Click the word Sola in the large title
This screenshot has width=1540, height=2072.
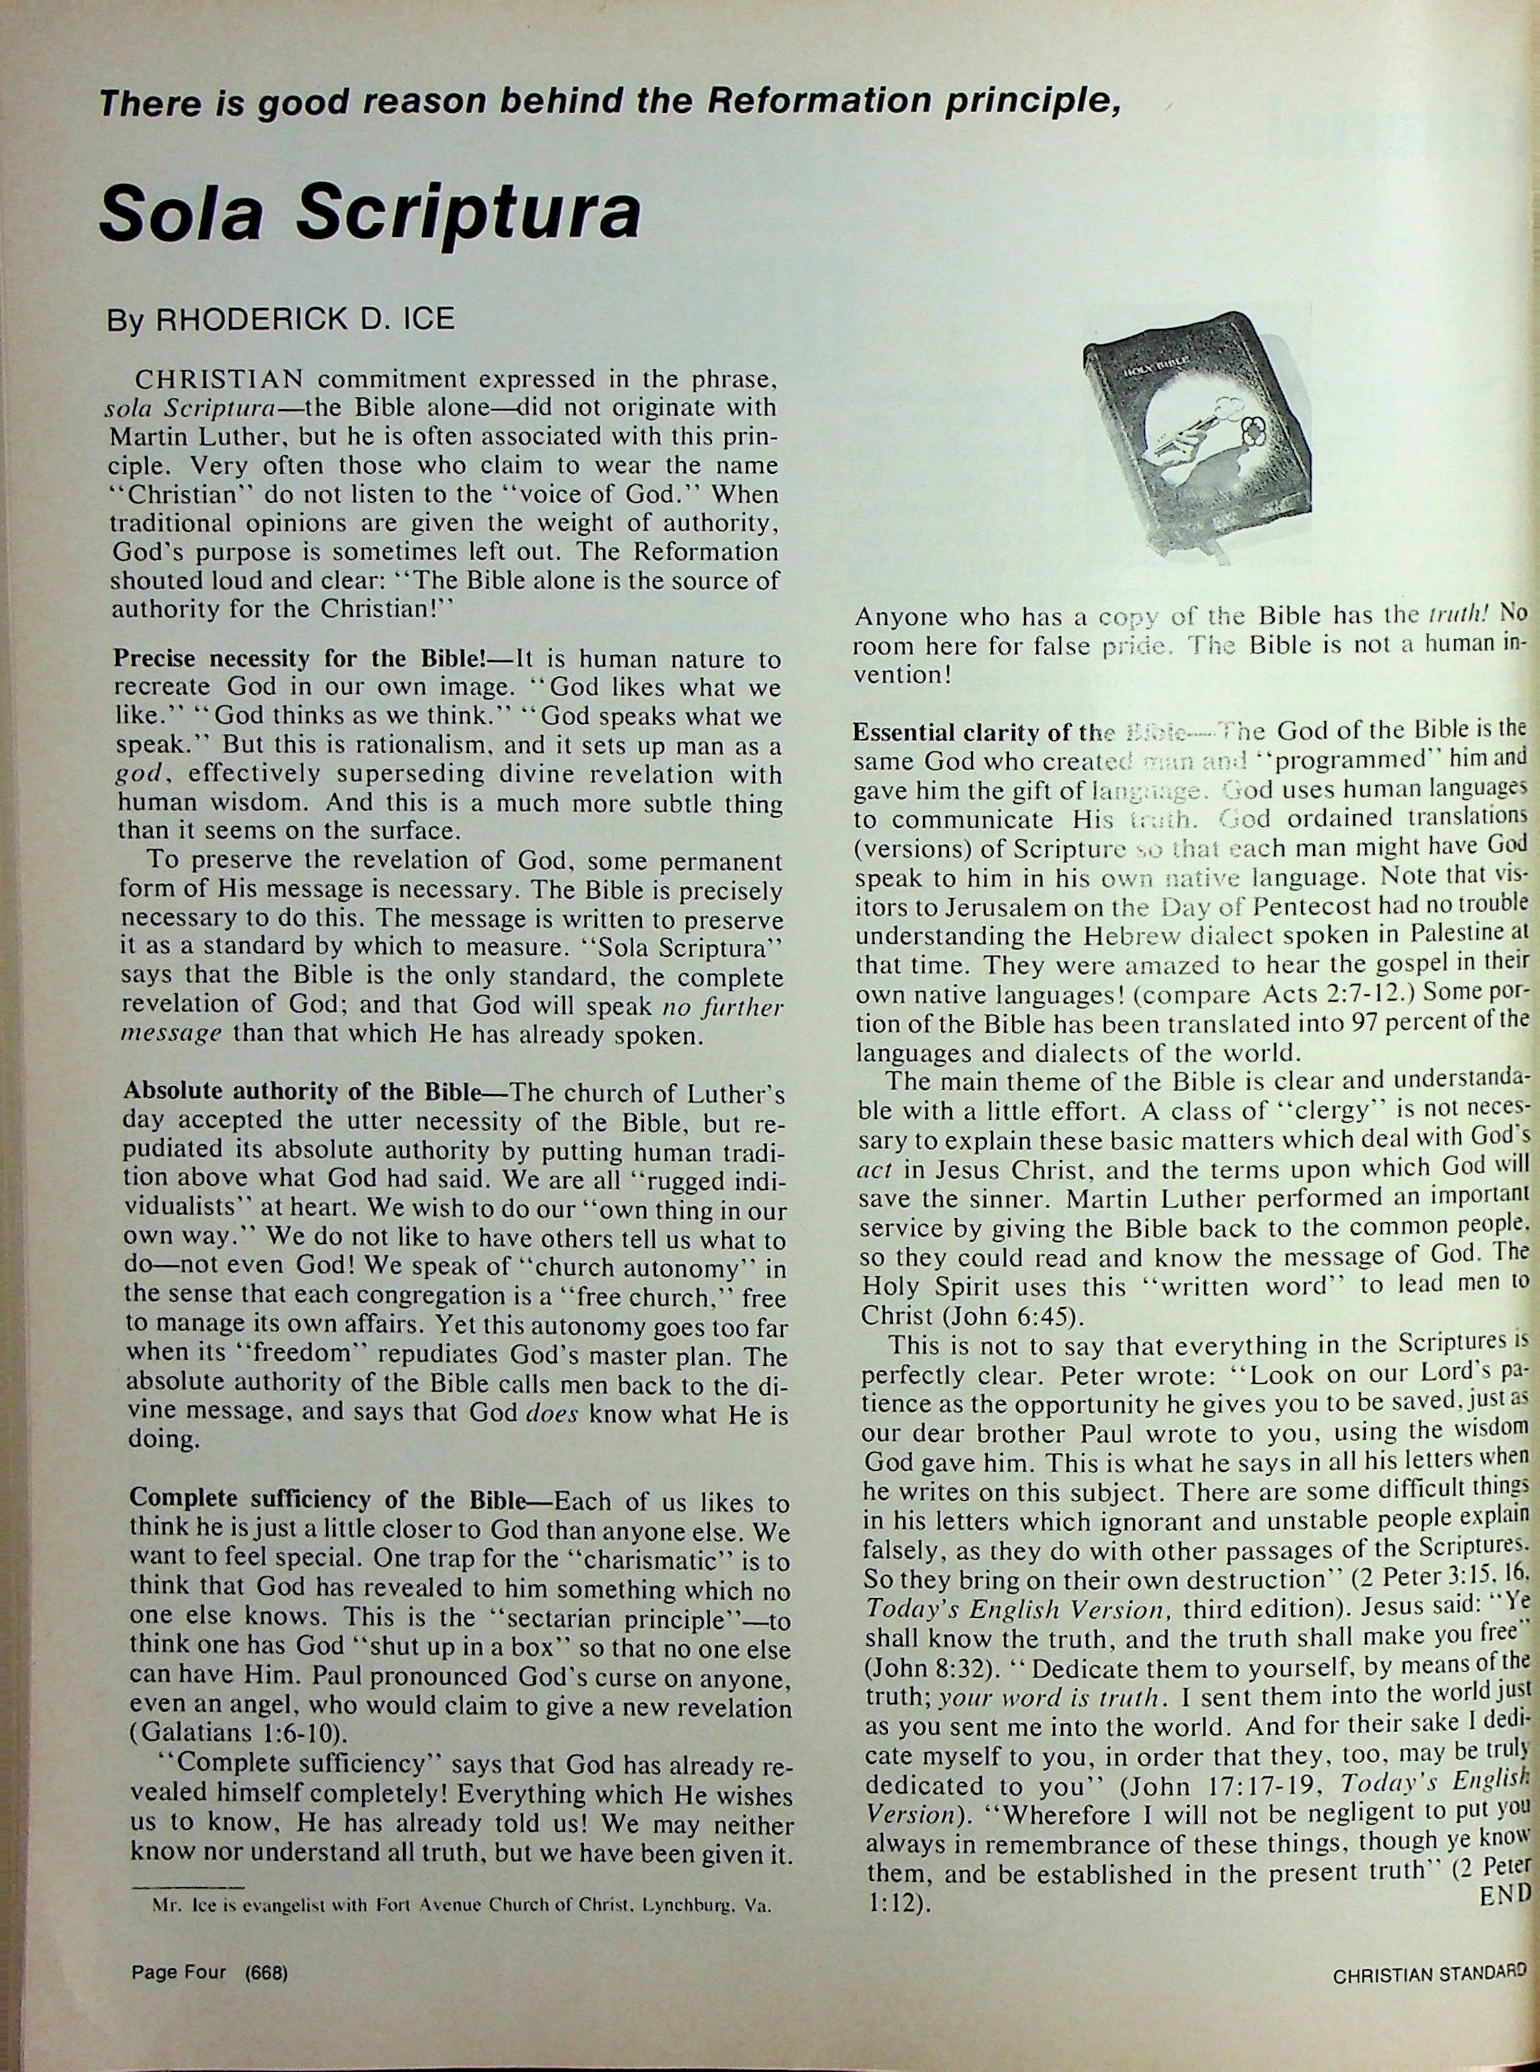click(187, 215)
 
